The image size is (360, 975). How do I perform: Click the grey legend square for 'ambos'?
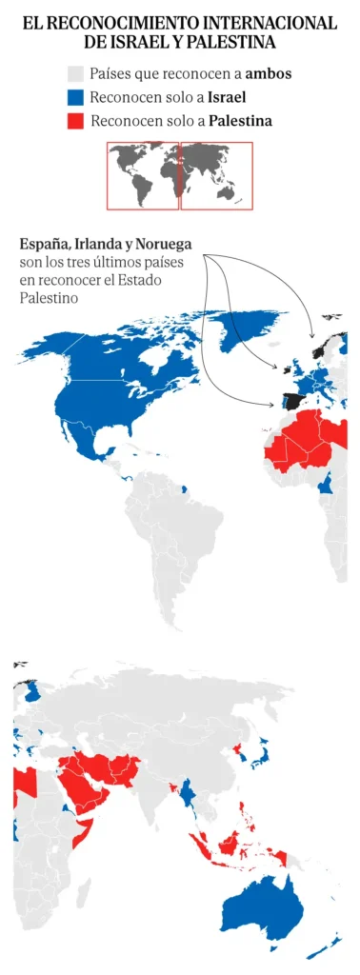tap(76, 74)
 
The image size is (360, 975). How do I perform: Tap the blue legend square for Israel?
tap(76, 97)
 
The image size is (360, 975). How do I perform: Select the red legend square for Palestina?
tap(76, 121)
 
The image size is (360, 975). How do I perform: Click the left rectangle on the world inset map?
tap(142, 175)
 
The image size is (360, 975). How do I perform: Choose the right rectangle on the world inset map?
tap(216, 175)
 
